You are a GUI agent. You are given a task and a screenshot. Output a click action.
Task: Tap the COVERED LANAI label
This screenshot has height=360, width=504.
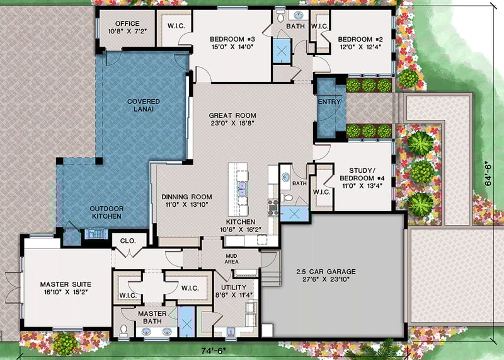tap(143, 105)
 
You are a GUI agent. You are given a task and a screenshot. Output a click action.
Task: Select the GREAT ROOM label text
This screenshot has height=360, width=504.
tap(232, 115)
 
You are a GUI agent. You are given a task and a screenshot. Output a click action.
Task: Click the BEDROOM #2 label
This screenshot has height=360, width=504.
tap(361, 38)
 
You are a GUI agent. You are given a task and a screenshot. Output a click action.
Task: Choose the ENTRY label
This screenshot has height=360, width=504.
tap(329, 102)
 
